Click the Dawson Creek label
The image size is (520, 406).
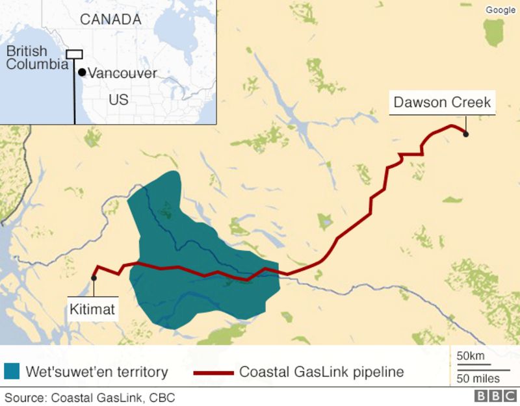tap(442, 102)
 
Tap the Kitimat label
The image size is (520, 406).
tap(92, 309)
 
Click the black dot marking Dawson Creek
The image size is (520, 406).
tap(466, 134)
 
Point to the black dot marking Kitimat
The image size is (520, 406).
tap(94, 278)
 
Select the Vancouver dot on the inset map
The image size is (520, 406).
tap(82, 72)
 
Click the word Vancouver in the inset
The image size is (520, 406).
tap(122, 73)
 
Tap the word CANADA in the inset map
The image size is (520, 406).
tap(110, 19)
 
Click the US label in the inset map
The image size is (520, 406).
tap(118, 100)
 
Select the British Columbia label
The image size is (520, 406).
tap(36, 58)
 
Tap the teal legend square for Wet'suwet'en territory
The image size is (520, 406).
tap(12, 372)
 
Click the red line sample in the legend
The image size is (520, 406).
tap(213, 373)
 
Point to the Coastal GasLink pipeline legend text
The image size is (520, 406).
tap(321, 372)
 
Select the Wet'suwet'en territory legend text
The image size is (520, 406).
tap(97, 372)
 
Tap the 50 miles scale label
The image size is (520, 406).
tap(478, 378)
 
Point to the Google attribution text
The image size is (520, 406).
tap(500, 10)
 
